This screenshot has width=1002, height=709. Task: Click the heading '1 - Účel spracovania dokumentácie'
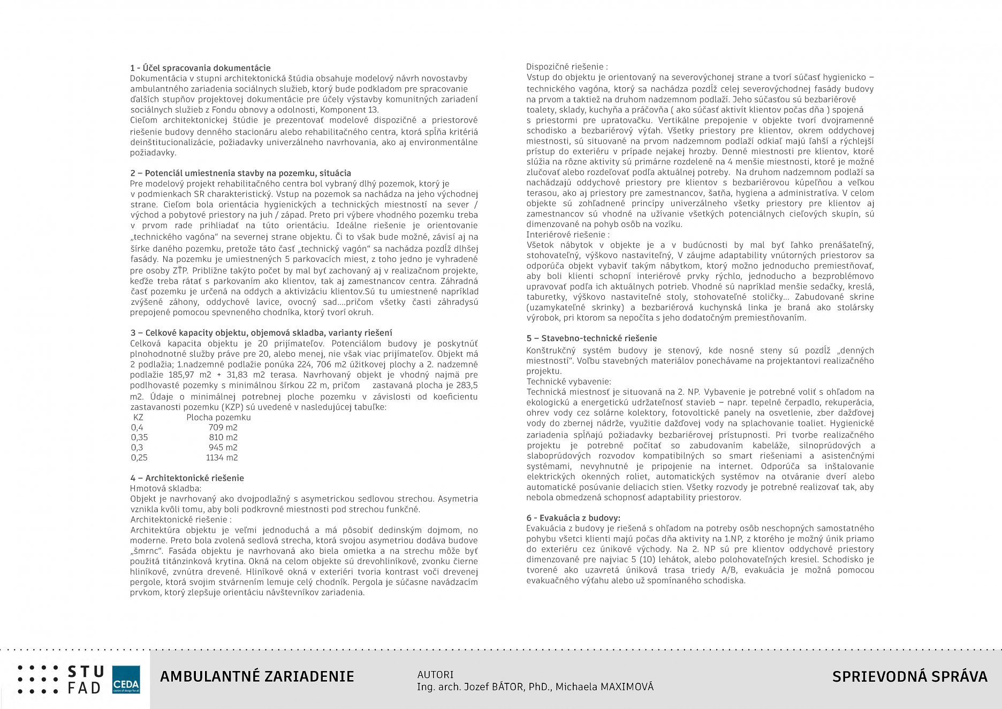pyautogui.click(x=200, y=68)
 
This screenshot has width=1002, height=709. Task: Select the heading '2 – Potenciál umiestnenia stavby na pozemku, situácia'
pyautogui.click(x=240, y=173)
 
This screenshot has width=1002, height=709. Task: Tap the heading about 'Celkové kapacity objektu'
pyautogui.click(x=261, y=333)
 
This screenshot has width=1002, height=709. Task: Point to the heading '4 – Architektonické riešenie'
pyautogui.click(x=187, y=478)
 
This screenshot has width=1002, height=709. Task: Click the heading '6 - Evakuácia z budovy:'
pyautogui.click(x=573, y=518)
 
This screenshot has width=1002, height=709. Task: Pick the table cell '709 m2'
pyautogui.click(x=223, y=427)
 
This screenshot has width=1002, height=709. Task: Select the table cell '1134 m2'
pyautogui.click(x=222, y=458)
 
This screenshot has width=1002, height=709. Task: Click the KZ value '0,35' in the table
pyautogui.click(x=139, y=438)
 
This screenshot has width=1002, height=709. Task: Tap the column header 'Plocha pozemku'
pyautogui.click(x=218, y=417)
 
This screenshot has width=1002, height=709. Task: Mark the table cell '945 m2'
pyautogui.click(x=223, y=448)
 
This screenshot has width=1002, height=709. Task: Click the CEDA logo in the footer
pyautogui.click(x=126, y=680)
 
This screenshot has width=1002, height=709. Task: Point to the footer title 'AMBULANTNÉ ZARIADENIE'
pyautogui.click(x=257, y=677)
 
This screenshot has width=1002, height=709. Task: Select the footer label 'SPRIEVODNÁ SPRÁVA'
pyautogui.click(x=909, y=677)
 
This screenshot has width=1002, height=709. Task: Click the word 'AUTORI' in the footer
pyautogui.click(x=435, y=675)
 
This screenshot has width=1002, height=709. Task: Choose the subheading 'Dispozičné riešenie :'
pyautogui.click(x=567, y=67)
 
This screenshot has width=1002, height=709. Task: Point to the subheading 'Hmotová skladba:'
pyautogui.click(x=165, y=488)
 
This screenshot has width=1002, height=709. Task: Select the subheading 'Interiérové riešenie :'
pyautogui.click(x=567, y=235)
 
